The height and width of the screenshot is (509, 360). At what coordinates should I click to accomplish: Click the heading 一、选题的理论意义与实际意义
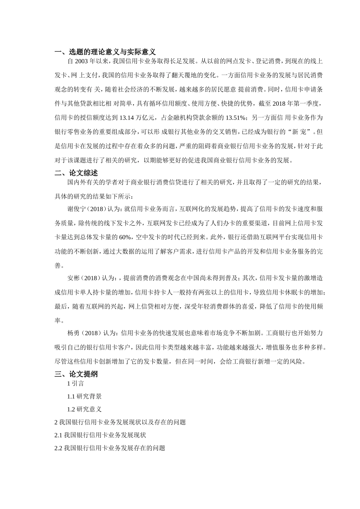coord(105,52)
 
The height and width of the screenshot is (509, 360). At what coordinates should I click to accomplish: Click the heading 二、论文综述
coord(76,173)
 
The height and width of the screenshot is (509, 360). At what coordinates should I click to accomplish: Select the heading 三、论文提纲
coord(76,374)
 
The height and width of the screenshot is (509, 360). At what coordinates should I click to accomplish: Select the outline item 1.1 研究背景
coord(84,397)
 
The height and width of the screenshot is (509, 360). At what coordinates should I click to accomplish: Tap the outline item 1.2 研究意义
coord(84,409)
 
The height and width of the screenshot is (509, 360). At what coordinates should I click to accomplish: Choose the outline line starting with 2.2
coord(110,448)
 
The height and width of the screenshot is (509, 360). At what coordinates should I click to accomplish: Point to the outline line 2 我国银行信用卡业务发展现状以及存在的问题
coord(120,422)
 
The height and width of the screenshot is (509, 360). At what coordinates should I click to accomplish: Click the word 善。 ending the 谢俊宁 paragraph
coord(58,266)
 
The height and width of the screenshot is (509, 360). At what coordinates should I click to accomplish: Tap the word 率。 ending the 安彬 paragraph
coord(58,320)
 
